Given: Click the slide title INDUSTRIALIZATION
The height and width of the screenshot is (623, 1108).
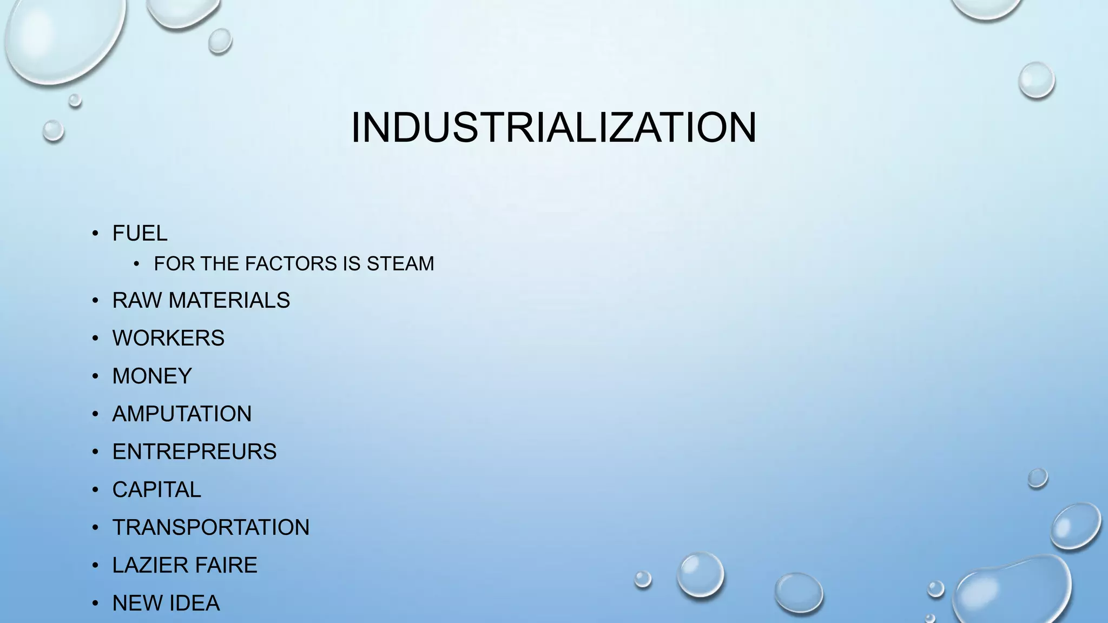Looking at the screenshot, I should (553, 128).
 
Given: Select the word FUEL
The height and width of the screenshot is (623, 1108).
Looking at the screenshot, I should (140, 234).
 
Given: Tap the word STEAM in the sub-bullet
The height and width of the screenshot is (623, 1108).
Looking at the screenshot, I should (400, 264).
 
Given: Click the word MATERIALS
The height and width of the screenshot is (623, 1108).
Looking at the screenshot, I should (229, 300).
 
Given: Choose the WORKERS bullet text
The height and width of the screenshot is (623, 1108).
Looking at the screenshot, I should (168, 338).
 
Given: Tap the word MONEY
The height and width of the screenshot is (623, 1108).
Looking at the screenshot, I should (152, 376).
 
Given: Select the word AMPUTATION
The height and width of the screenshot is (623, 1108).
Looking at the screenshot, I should (182, 414).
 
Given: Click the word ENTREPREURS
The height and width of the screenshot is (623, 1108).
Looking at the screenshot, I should (194, 452).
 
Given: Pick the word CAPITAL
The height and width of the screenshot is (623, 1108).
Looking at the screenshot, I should (156, 489).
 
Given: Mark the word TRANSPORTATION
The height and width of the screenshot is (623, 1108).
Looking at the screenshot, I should (210, 527).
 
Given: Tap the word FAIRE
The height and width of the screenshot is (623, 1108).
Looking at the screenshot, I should (227, 565).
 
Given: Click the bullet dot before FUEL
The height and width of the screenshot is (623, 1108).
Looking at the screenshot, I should (95, 234).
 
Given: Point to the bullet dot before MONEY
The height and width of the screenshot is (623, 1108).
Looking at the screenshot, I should (95, 376).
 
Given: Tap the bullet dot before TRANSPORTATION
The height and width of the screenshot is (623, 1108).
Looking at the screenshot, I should (95, 528).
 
